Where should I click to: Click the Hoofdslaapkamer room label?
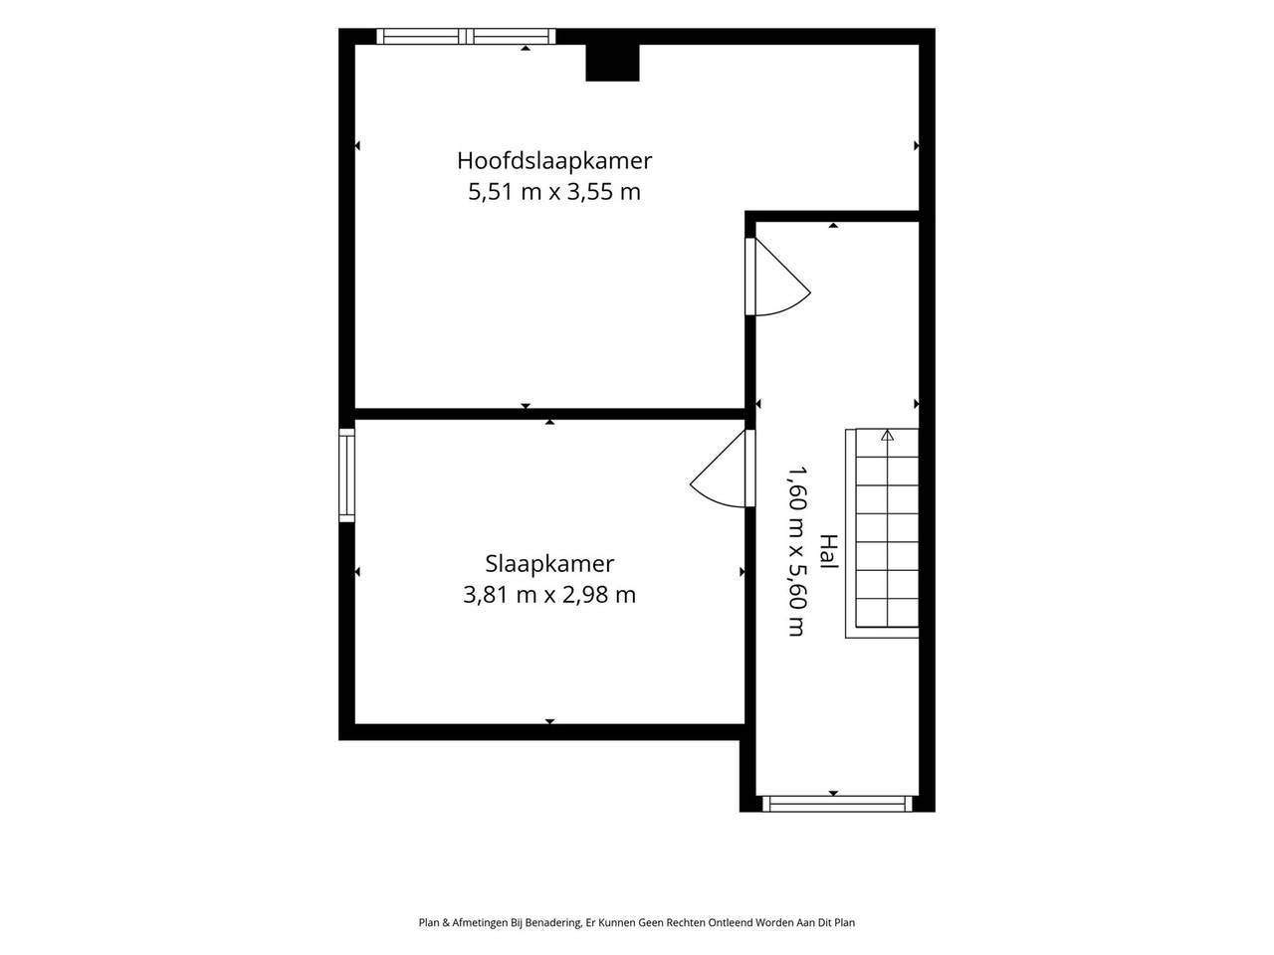(553, 160)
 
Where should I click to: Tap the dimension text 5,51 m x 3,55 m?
(553, 191)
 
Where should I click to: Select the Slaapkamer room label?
(549, 564)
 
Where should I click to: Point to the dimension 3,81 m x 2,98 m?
(549, 595)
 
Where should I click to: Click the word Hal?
(829, 551)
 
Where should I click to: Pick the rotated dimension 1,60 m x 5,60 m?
(797, 551)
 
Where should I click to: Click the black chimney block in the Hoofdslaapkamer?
(612, 63)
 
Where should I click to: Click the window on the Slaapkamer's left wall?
(346, 475)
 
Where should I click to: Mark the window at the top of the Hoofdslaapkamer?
(466, 37)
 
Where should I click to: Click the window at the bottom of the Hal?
(836, 803)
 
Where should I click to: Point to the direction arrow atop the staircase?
(887, 435)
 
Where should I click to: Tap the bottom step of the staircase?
(887, 613)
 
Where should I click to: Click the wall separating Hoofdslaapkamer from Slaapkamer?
(549, 414)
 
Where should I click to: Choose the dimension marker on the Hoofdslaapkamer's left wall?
(357, 145)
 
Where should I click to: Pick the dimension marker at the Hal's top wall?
(833, 225)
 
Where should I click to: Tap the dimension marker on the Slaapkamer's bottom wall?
(549, 721)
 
